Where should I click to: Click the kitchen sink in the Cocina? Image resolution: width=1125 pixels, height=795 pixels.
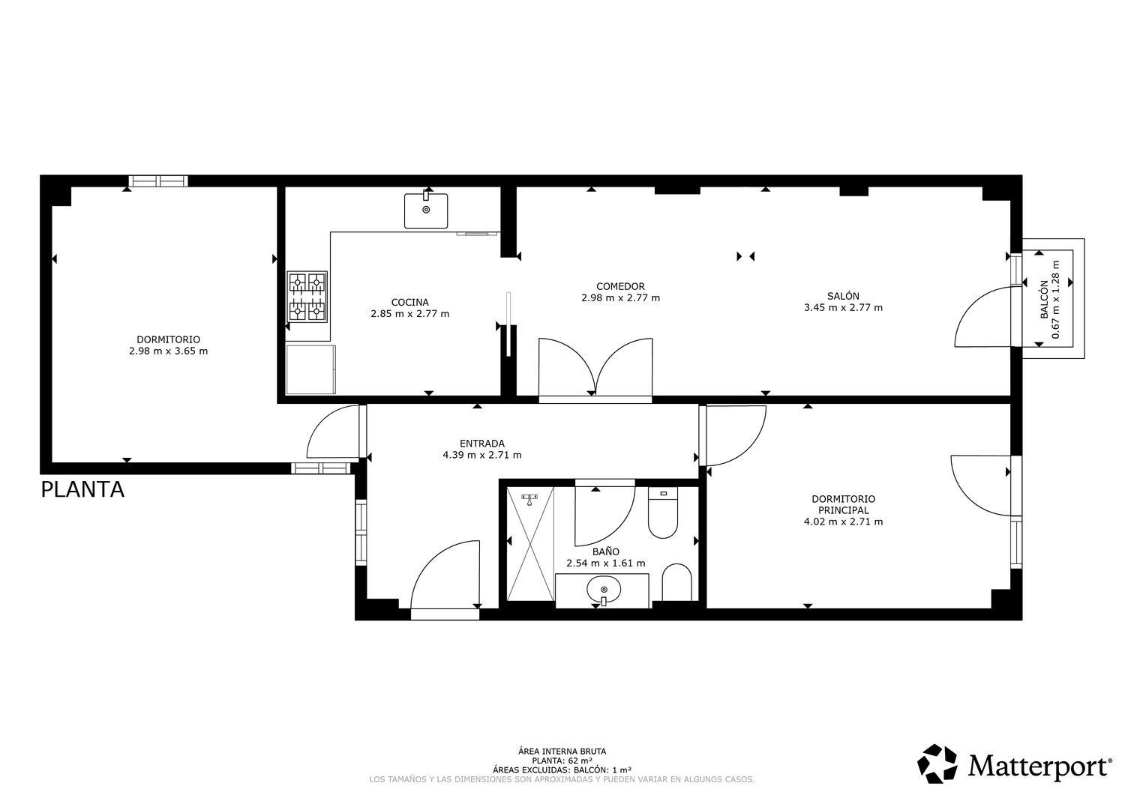coord(426,211)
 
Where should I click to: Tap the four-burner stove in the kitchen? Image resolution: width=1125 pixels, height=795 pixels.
coord(307,297)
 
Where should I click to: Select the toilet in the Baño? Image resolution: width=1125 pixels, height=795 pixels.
coord(663,513)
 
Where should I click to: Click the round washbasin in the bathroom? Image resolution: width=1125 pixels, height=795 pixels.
coord(603,589)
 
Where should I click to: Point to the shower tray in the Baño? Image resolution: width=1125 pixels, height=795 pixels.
coord(530,543)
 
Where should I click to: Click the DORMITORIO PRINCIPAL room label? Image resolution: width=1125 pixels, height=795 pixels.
coord(843,504)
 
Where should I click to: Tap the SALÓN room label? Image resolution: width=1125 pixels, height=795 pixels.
coord(843,296)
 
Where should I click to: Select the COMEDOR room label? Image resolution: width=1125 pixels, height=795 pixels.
coord(620,286)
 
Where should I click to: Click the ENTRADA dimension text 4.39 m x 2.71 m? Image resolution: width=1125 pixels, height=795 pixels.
coord(481,456)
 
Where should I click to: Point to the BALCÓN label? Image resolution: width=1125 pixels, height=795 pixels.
coord(1044,300)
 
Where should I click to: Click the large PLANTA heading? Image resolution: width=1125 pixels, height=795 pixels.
coord(82,490)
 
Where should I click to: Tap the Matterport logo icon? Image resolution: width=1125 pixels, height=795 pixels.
coord(937,764)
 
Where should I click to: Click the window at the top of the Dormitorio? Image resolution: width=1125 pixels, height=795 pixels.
coord(158,181)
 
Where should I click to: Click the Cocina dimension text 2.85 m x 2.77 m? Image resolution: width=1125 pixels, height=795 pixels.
coord(409,314)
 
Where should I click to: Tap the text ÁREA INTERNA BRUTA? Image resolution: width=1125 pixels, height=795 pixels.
coord(562,752)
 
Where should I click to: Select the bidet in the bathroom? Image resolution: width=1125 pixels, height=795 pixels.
coord(676,582)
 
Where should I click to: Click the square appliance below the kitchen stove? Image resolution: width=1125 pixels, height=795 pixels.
coord(311,369)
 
